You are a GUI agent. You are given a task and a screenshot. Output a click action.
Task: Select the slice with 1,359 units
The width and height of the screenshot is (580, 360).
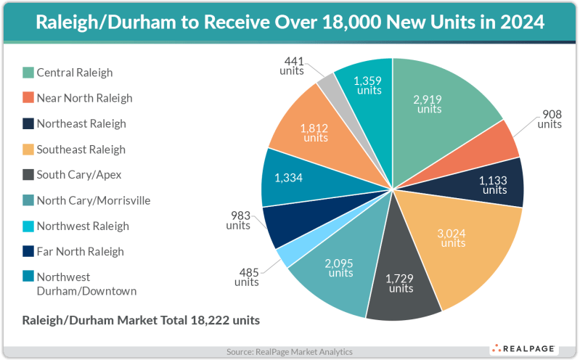[x=367, y=83]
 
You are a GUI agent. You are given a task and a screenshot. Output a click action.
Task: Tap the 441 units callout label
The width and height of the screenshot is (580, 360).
[x=293, y=66]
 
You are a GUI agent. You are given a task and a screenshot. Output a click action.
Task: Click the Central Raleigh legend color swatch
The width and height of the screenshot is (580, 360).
[x=28, y=73]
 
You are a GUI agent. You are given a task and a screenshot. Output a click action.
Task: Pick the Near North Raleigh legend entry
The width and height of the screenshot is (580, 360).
[x=84, y=98]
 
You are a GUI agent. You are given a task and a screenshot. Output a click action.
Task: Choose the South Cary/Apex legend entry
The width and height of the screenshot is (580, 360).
[x=79, y=175]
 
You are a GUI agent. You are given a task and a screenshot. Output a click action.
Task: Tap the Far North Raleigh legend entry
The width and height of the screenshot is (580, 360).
[x=80, y=251]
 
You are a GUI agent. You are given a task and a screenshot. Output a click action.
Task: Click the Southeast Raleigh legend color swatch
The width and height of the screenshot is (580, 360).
[x=28, y=149]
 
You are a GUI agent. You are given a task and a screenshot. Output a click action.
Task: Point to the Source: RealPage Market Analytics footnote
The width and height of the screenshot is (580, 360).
[x=290, y=352]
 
